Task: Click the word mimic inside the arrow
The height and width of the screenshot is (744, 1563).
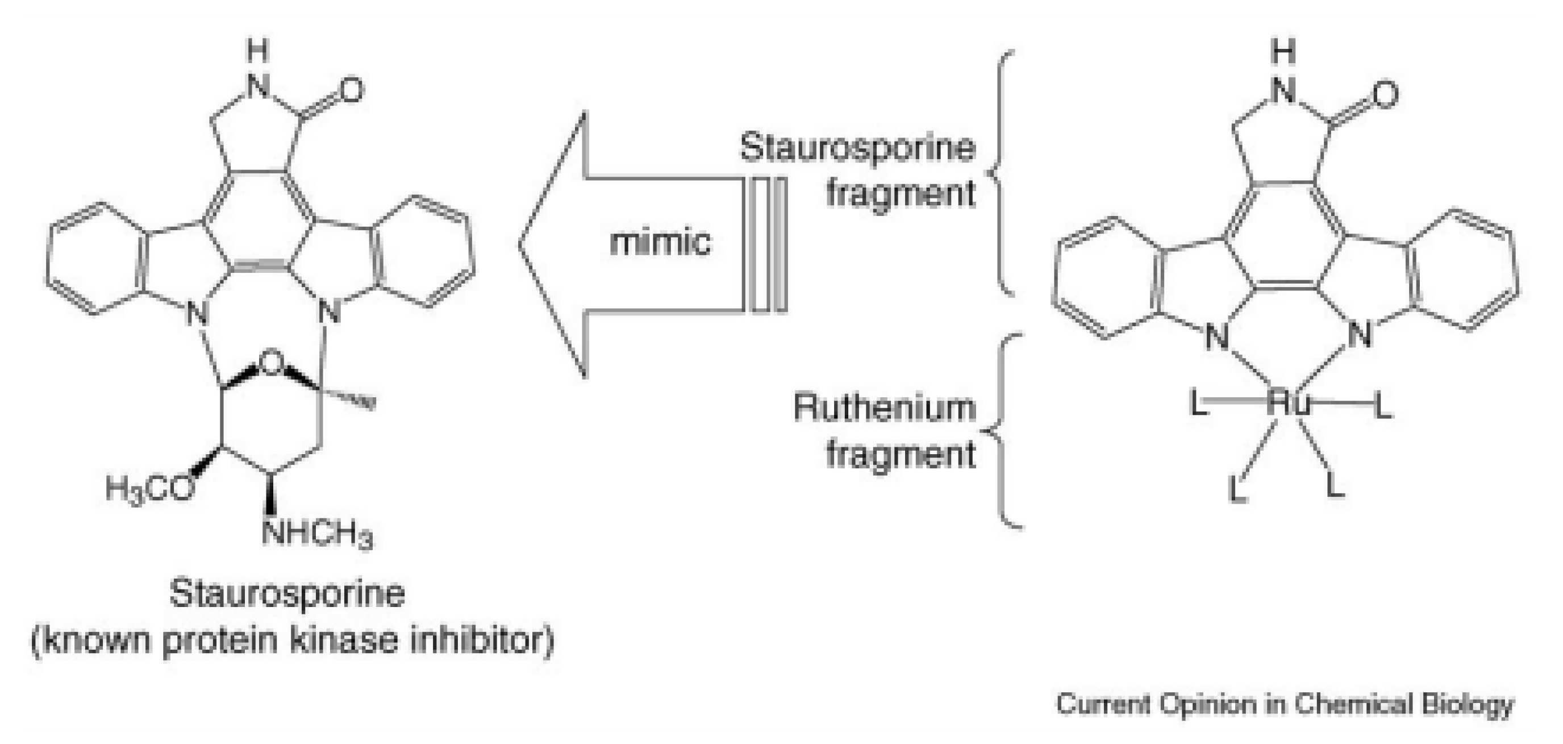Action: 660,243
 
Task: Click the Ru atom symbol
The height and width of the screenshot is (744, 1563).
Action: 1288,404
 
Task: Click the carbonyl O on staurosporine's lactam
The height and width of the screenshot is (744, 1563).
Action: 351,91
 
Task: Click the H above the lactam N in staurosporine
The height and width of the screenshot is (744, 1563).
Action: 258,53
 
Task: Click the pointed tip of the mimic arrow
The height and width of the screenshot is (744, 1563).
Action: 520,245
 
